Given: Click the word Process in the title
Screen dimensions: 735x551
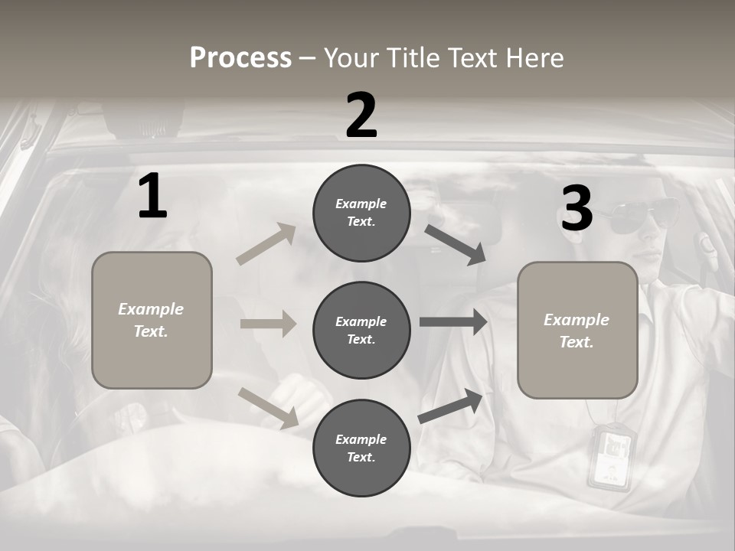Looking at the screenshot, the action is tap(240, 57).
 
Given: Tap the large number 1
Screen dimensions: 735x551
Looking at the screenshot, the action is tap(153, 195).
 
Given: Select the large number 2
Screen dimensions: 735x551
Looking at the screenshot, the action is tap(361, 115).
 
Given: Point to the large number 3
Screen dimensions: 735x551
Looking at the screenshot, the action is tap(577, 207).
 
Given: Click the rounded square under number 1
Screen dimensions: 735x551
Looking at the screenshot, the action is tap(152, 320).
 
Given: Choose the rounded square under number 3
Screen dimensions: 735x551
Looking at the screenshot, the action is tap(577, 331).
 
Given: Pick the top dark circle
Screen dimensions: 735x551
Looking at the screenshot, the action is tap(361, 213).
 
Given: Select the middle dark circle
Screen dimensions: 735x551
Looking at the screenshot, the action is tap(361, 331).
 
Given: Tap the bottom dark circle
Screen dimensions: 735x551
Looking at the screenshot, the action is tap(361, 448).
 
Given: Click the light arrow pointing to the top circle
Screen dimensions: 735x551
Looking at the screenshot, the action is tap(266, 243).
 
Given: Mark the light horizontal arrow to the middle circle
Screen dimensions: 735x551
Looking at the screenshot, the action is tap(268, 323).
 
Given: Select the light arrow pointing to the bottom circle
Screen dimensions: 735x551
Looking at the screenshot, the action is tap(269, 409).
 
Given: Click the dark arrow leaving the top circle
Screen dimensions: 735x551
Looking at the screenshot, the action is tap(455, 245).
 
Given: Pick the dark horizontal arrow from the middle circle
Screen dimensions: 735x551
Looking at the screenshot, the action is tap(453, 322).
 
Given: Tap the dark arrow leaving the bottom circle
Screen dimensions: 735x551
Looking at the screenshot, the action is tap(450, 406).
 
